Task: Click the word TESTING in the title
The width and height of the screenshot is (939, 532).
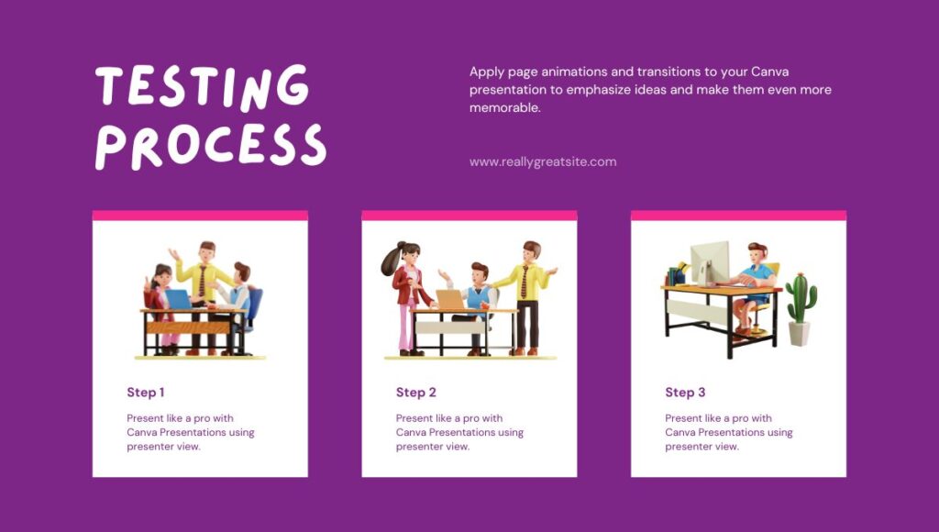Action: [202, 87]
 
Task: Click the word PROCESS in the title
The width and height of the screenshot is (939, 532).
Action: [211, 145]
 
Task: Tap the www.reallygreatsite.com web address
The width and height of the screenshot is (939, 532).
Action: [543, 161]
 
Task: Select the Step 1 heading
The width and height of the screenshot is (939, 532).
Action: [146, 393]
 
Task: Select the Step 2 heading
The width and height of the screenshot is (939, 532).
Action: [415, 393]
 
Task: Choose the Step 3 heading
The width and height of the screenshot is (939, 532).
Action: [685, 393]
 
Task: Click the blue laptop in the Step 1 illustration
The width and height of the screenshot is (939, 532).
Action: [178, 299]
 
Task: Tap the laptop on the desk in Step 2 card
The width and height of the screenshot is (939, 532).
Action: [449, 300]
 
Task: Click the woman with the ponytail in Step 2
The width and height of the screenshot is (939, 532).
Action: [404, 294]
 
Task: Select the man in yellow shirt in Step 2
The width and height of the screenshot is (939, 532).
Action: [528, 289]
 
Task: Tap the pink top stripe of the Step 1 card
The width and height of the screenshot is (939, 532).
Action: [200, 216]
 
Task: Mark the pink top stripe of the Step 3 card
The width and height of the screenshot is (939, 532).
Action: [738, 216]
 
